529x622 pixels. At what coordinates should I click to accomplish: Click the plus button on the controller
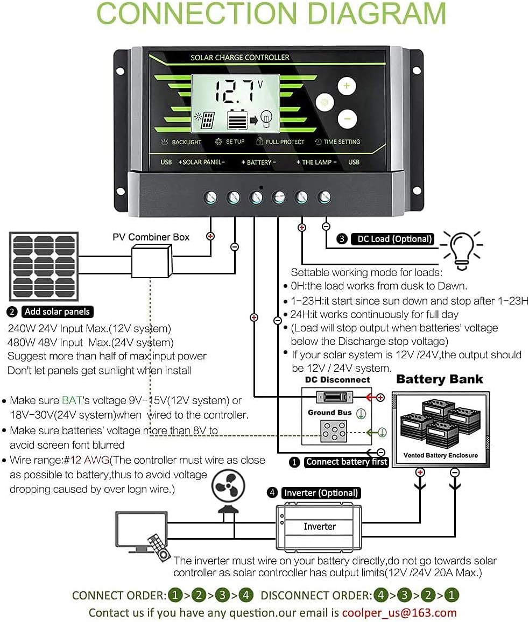click(347, 86)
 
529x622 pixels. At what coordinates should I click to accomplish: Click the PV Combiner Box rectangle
click(151, 261)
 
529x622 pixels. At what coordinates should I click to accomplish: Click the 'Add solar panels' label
click(57, 312)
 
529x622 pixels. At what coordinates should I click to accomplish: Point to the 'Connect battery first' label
click(346, 462)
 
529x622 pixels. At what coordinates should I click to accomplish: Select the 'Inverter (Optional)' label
click(320, 493)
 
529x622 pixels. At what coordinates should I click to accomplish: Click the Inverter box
click(320, 527)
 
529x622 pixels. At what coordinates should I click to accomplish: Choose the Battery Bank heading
click(439, 379)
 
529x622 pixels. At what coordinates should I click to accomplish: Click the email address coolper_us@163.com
click(399, 612)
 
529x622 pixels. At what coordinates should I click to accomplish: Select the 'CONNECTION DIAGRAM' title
click(271, 14)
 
